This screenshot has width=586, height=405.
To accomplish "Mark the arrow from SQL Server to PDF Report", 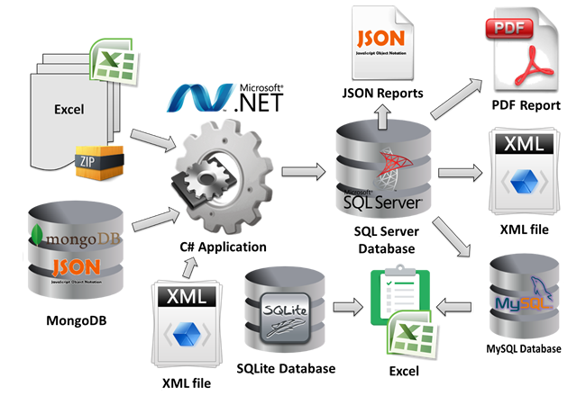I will click(456, 98).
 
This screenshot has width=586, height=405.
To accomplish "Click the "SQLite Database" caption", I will click(286, 369).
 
